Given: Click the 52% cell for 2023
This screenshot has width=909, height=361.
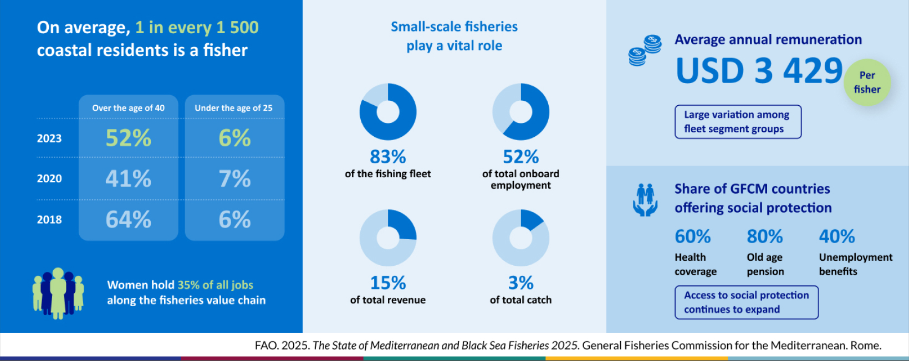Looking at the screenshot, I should pos(128,138).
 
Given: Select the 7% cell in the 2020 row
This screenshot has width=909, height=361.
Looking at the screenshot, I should pos(234,179).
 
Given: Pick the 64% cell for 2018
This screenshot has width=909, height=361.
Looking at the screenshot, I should pos(128,220).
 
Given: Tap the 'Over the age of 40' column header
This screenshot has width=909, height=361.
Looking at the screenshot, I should pos(128,108).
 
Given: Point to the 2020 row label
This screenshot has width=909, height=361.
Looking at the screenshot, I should pos(49,179).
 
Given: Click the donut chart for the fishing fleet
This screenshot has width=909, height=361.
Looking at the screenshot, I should pos(388,112).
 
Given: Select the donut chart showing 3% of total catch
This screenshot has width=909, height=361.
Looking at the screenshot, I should pos(520,238).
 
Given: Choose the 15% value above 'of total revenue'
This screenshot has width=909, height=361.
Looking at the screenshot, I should pos(388,283).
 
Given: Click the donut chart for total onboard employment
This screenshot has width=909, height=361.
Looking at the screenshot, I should pos(520,112).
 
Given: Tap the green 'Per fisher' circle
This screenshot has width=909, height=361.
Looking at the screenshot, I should pos(867,82).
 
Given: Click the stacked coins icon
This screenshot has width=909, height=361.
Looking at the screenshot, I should pos(645,50).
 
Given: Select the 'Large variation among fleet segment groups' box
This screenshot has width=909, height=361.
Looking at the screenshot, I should pos(738,122).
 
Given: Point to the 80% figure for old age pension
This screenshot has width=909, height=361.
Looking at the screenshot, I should pos(764,237).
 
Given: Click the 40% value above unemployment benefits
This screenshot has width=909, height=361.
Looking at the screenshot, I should pos(837,237).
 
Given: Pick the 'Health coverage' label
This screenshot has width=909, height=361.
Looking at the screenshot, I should pos(695,265).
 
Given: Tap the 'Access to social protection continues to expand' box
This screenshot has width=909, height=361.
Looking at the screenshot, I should pos(746,302).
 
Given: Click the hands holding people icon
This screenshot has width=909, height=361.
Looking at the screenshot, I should pos(645,200).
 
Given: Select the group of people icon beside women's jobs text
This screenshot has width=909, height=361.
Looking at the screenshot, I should pos(58,293).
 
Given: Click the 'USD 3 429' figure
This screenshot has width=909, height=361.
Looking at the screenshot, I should pos(759,71).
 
